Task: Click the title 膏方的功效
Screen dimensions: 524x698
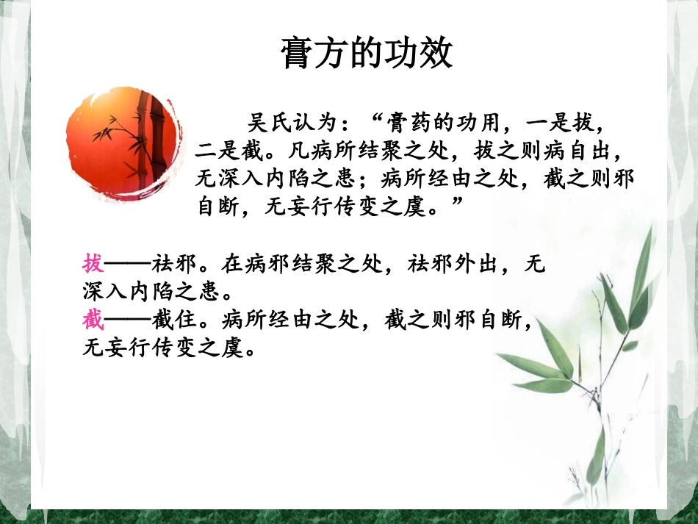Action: point(367,53)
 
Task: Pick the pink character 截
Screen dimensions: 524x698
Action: point(93,320)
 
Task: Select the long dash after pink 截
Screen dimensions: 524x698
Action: point(128,320)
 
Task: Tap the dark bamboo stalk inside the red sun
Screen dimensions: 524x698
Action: point(156,140)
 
